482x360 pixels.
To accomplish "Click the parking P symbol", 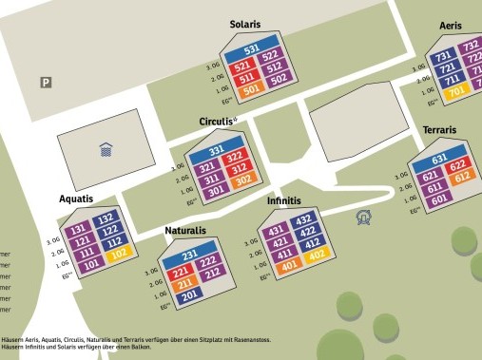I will tap(45, 83).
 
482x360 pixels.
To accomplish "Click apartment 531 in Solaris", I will tap(252, 49).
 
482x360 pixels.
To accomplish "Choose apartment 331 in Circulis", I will tap(217, 151).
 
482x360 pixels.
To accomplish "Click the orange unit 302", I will tap(241, 180).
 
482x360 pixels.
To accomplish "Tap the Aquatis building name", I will tap(76, 199).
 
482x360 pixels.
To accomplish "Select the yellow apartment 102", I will tap(118, 254).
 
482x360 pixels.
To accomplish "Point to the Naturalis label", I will tap(185, 231).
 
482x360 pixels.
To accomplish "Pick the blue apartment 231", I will tap(190, 256).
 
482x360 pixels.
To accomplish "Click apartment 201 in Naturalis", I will tap(188, 296).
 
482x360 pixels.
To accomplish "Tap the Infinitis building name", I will tap(283, 201).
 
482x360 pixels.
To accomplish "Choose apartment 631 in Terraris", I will tap(439, 159).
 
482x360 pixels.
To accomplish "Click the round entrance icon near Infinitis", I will tap(362, 218).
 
